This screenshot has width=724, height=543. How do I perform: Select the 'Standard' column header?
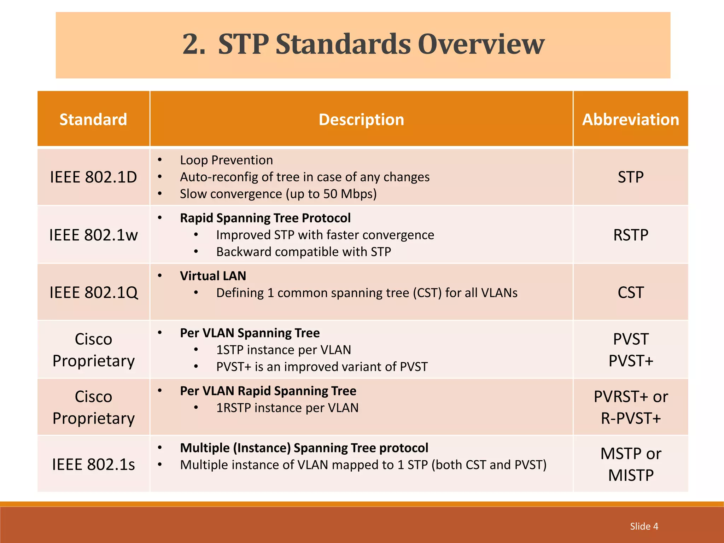[93, 119]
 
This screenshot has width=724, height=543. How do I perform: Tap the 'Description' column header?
[361, 119]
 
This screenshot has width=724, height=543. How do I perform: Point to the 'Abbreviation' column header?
[631, 119]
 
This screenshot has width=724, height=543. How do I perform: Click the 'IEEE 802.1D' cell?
[93, 177]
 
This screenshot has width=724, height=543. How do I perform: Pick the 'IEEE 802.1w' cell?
[93, 235]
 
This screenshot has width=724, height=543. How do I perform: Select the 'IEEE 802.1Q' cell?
[93, 293]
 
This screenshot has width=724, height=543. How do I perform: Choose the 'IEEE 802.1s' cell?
[93, 465]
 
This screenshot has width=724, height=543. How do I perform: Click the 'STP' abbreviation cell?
[631, 177]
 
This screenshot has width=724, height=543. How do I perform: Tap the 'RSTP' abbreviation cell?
[631, 235]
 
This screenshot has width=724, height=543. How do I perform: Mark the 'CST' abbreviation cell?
[631, 293]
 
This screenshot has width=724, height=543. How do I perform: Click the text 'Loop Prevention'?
[226, 160]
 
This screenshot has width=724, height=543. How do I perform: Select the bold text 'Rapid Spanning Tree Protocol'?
[265, 218]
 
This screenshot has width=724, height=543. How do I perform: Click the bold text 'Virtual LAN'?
[213, 276]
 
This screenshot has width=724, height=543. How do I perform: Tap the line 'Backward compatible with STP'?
[304, 252]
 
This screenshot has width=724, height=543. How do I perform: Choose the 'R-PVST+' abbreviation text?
[631, 419]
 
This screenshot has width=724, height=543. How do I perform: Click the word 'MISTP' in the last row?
[631, 475]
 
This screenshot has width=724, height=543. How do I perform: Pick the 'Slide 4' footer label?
[644, 526]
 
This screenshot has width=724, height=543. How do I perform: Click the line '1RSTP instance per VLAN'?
[287, 408]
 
